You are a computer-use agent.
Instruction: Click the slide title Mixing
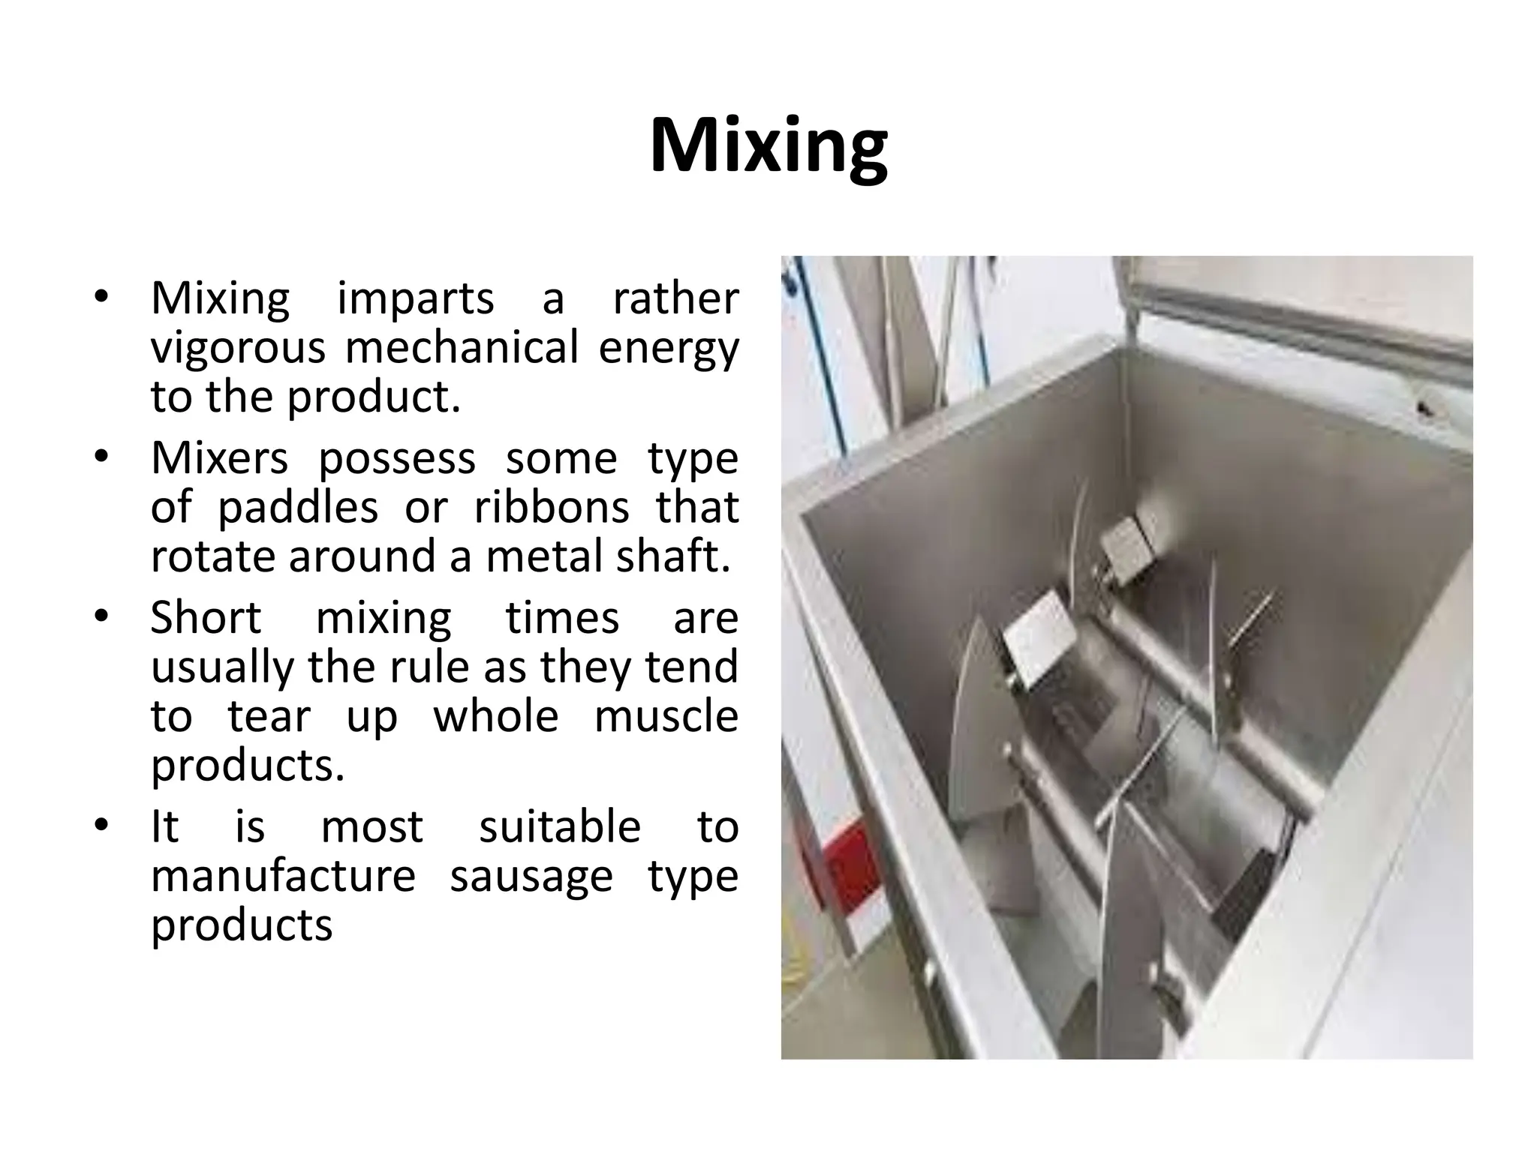768,146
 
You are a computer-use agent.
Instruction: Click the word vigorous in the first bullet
238,349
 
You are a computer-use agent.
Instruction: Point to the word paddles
298,508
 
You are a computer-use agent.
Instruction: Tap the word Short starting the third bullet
206,618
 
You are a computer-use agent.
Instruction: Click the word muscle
666,716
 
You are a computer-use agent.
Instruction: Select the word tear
269,716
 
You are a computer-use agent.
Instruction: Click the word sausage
531,877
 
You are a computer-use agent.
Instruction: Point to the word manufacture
283,875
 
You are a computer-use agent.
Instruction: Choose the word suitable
560,826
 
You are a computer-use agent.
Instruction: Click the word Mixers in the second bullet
219,458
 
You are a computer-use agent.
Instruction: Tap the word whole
496,716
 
